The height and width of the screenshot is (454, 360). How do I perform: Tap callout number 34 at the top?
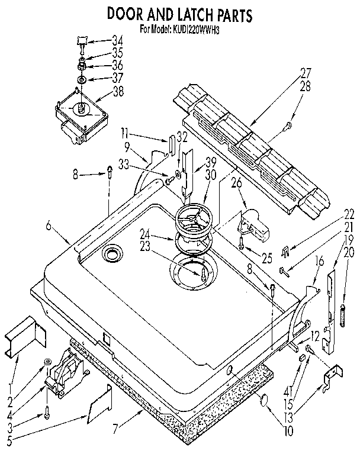118,41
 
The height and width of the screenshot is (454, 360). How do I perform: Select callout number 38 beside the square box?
119,92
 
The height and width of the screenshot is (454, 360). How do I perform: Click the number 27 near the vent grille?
306,73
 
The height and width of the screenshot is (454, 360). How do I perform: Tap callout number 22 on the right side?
349,214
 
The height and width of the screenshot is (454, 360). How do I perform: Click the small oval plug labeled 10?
264,402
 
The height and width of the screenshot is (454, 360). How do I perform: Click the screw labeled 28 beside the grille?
288,125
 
